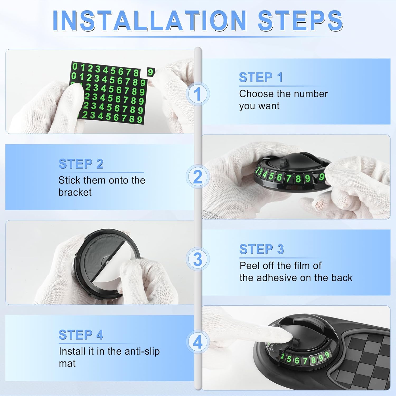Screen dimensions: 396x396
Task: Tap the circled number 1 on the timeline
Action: tap(197, 94)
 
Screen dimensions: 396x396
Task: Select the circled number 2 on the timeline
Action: tap(197, 177)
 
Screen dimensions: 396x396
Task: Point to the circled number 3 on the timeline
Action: tap(197, 259)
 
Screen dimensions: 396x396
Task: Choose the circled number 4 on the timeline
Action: tap(197, 342)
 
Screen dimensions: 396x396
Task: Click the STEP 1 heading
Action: tap(261, 78)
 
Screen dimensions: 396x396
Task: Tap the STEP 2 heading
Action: tap(81, 164)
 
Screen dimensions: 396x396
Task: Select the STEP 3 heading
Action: tap(261, 249)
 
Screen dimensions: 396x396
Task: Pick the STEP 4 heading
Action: tap(81, 335)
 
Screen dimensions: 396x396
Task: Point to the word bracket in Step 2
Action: tap(75, 192)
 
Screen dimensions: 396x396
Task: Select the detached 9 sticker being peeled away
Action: tap(150, 72)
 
